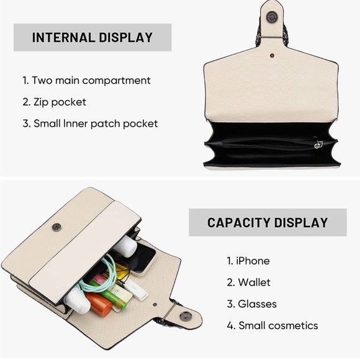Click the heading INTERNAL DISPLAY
click(x=92, y=37)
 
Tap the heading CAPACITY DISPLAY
click(x=268, y=222)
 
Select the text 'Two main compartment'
click(x=91, y=80)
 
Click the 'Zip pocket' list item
click(x=60, y=102)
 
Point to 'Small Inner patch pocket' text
click(x=96, y=124)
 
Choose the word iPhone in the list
click(x=253, y=261)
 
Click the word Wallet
click(x=254, y=282)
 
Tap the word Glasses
click(x=257, y=304)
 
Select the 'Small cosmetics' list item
click(x=278, y=325)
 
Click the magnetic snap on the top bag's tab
click(x=272, y=17)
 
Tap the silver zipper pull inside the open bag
click(x=318, y=144)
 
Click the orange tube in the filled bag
click(x=98, y=304)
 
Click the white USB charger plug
click(x=137, y=290)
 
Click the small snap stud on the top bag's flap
click(x=272, y=55)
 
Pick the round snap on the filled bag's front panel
click(x=56, y=227)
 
